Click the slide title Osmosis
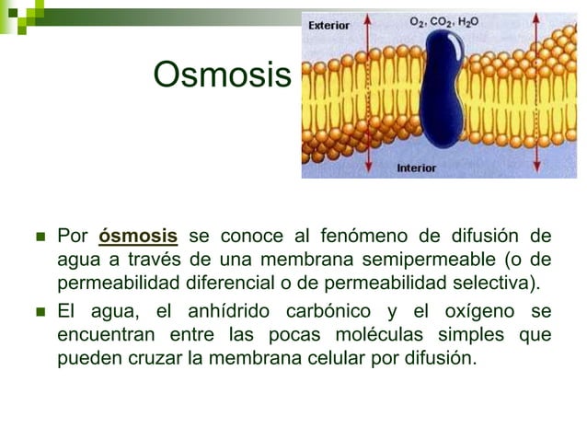(x=221, y=75)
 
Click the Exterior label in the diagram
(x=328, y=26)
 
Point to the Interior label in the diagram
(x=416, y=168)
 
